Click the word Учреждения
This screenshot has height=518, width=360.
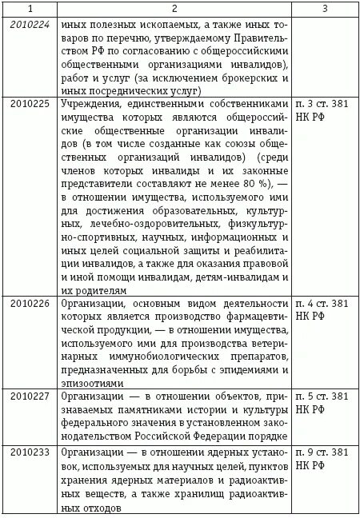click(90, 103)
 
